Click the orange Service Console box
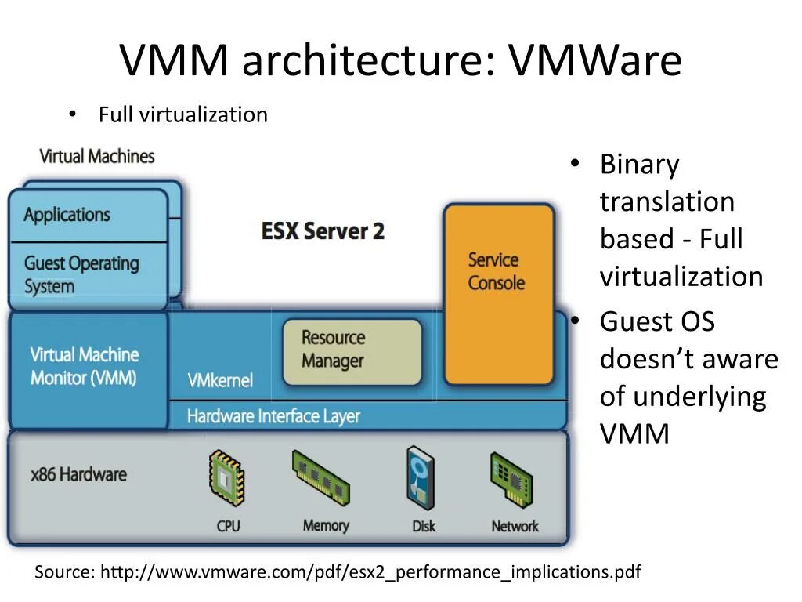(x=498, y=294)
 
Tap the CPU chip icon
(x=227, y=478)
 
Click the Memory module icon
(x=322, y=478)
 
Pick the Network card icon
(x=512, y=480)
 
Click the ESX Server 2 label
(x=323, y=231)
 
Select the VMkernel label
(x=220, y=381)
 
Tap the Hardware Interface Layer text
(x=273, y=415)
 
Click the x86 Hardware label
(x=78, y=474)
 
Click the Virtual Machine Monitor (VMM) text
(x=85, y=366)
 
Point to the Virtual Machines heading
(x=97, y=156)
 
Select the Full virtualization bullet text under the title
(x=182, y=114)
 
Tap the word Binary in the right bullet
(x=639, y=165)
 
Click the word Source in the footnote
(x=63, y=572)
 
